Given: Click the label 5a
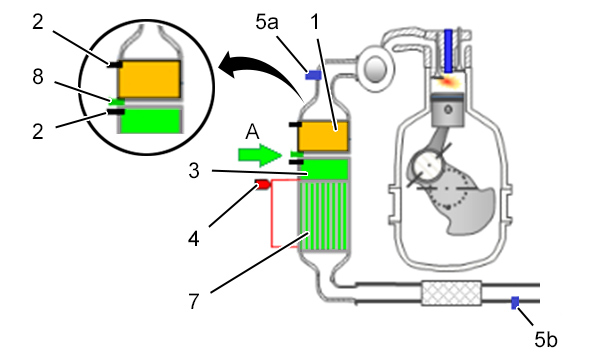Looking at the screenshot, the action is click(267, 22).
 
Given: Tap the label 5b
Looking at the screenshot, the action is click(546, 339).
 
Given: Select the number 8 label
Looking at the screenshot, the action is click(38, 76).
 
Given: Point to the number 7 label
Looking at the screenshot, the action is click(194, 301).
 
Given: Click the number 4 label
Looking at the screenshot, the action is click(194, 238).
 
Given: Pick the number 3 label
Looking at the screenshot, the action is click(194, 171).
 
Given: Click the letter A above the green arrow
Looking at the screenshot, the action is click(252, 132).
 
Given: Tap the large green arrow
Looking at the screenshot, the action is click(260, 155).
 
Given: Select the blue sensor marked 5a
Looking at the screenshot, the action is click(313, 75).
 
